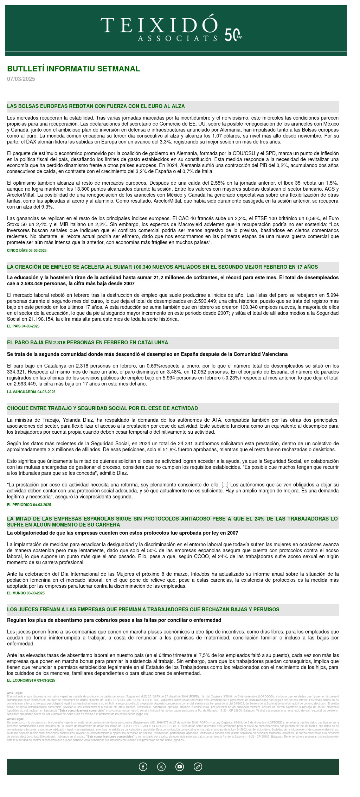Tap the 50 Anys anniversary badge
point(233,35)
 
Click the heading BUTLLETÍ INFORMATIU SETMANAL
point(73,69)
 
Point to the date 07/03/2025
point(21,79)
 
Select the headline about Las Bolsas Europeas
point(96,106)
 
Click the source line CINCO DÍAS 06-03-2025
point(27,251)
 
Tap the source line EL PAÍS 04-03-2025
point(23,326)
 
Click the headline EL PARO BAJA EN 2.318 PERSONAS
point(88,343)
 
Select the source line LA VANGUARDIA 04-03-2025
point(31,392)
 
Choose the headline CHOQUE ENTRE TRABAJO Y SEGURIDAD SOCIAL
point(102,408)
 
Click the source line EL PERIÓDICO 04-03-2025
point(29,505)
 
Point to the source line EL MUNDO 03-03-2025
point(26,593)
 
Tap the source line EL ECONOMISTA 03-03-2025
point(31,681)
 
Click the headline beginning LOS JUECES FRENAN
point(143,610)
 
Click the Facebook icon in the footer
point(143,767)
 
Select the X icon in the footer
point(161,767)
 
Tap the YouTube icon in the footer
point(180,767)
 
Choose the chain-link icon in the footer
point(198,767)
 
